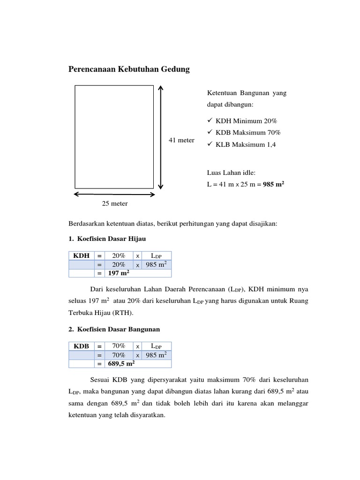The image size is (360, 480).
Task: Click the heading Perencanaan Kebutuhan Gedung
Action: click(x=129, y=69)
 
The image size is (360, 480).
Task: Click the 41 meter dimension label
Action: click(x=181, y=140)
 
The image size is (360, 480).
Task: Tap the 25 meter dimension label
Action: click(x=115, y=203)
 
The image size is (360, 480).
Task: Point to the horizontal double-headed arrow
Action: click(x=114, y=193)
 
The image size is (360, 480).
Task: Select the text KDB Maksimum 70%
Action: click(x=249, y=133)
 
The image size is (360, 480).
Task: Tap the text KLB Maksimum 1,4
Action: click(x=247, y=145)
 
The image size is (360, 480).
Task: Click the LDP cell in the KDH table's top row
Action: click(x=157, y=255)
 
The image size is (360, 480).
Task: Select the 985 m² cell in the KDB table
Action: click(x=157, y=355)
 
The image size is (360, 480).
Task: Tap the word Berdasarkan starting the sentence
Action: click(x=87, y=224)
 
